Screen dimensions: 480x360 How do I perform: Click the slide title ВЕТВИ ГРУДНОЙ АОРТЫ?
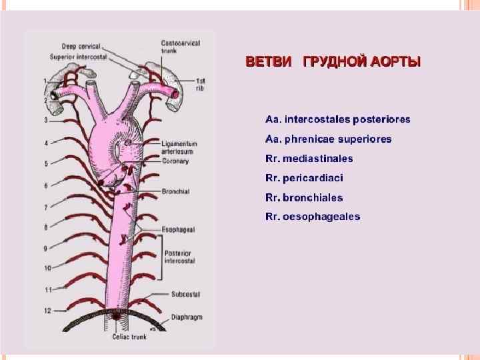tap(333, 63)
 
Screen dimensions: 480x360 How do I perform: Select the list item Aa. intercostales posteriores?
tap(337, 120)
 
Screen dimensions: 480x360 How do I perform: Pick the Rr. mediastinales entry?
tap(309, 159)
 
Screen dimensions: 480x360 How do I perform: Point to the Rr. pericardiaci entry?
tap(305, 178)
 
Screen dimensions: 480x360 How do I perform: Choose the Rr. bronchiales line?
tap(304, 197)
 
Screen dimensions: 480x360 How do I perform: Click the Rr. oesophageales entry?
tap(313, 217)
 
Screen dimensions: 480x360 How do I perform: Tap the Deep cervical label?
tap(81, 47)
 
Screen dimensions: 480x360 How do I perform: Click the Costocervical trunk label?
tap(178, 47)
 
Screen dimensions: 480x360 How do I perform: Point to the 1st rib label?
tap(200, 83)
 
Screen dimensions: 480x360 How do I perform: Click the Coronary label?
tap(175, 161)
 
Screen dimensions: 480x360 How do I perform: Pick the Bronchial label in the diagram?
tap(175, 191)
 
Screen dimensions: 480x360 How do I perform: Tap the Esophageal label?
tap(178, 229)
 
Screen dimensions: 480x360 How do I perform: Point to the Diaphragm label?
tap(186, 317)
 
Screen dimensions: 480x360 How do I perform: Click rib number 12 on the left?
tap(47, 310)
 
